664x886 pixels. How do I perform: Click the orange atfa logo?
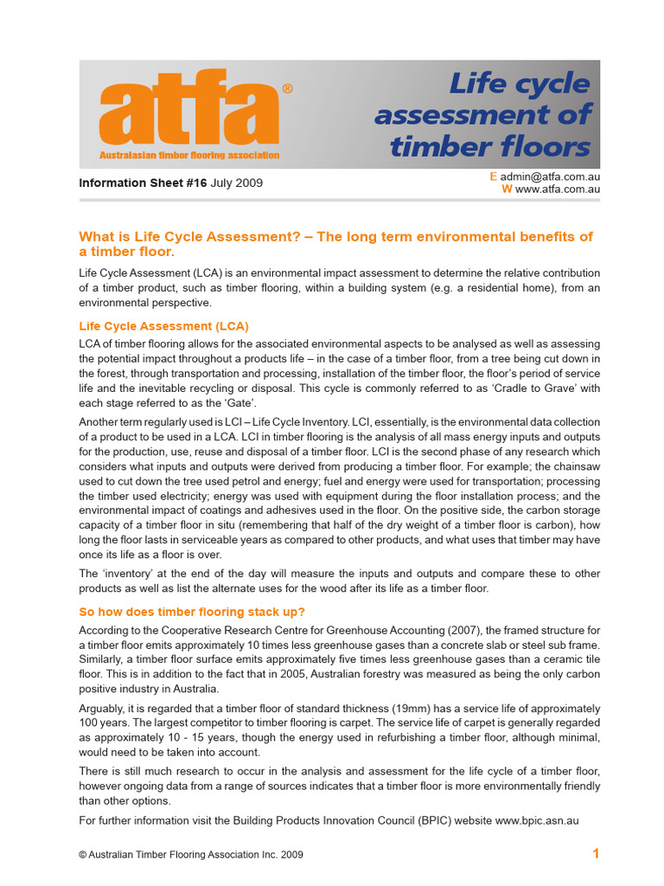point(189,111)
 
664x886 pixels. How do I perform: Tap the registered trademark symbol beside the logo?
point(287,89)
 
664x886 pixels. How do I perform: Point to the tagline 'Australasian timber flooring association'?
point(189,156)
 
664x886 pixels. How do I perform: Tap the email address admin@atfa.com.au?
point(550,177)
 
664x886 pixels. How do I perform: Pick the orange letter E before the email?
point(493,177)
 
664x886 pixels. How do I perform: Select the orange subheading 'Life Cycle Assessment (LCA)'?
point(163,326)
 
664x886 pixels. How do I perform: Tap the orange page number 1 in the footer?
point(596,854)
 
